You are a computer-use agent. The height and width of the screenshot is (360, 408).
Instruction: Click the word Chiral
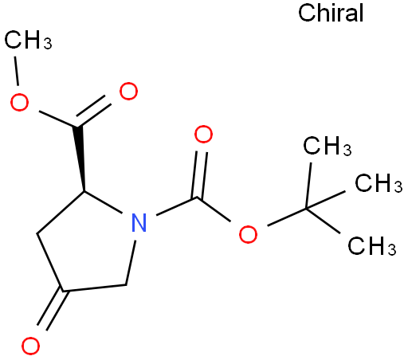tap(331, 13)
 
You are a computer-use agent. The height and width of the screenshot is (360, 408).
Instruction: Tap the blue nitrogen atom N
tap(139, 222)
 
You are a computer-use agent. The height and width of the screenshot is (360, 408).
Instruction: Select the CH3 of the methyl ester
tap(28, 40)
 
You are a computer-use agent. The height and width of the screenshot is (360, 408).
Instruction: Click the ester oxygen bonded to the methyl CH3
tap(19, 102)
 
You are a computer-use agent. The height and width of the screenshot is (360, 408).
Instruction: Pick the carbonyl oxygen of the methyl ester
tap(128, 92)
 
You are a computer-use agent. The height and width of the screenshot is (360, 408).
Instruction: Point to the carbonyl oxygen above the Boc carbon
tap(203, 135)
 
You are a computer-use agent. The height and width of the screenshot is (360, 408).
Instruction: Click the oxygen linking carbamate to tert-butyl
tap(248, 234)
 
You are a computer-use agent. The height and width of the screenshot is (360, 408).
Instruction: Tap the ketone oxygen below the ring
tap(30, 346)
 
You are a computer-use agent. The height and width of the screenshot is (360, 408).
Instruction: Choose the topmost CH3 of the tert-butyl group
tap(328, 146)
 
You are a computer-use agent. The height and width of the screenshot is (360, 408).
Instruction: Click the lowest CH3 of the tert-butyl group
tap(372, 245)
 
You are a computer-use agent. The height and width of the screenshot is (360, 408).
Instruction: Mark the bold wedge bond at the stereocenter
tap(80, 158)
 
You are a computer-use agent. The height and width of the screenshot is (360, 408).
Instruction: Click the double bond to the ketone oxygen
tap(53, 310)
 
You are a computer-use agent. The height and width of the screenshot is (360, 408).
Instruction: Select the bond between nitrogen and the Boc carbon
tap(176, 206)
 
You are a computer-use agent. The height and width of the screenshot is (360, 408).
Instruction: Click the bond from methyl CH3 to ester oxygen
tap(17, 71)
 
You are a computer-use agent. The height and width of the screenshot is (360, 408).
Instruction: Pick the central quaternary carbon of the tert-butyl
tap(306, 209)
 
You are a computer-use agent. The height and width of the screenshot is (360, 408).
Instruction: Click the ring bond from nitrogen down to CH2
tap(131, 263)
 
